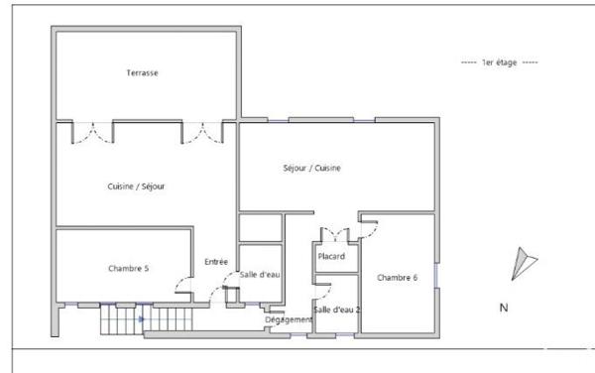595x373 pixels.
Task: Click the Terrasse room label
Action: [x=143, y=73]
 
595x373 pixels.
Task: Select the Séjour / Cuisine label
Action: [x=312, y=168]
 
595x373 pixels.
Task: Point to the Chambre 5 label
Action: [x=128, y=269]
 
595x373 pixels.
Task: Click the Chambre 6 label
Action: [x=397, y=278]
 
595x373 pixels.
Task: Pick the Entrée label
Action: [x=216, y=262]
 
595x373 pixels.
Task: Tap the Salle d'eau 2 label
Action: [x=337, y=311]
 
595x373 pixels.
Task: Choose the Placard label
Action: [x=331, y=257]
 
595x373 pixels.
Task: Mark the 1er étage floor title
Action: [x=500, y=62]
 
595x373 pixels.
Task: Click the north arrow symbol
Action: [x=523, y=264]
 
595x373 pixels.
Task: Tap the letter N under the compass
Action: [x=504, y=309]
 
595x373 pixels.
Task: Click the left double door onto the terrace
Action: [x=92, y=130]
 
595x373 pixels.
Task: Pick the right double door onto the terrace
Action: [x=202, y=130]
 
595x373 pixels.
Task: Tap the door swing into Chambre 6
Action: [x=368, y=228]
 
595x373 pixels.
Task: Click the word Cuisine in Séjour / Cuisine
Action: [x=328, y=168]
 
